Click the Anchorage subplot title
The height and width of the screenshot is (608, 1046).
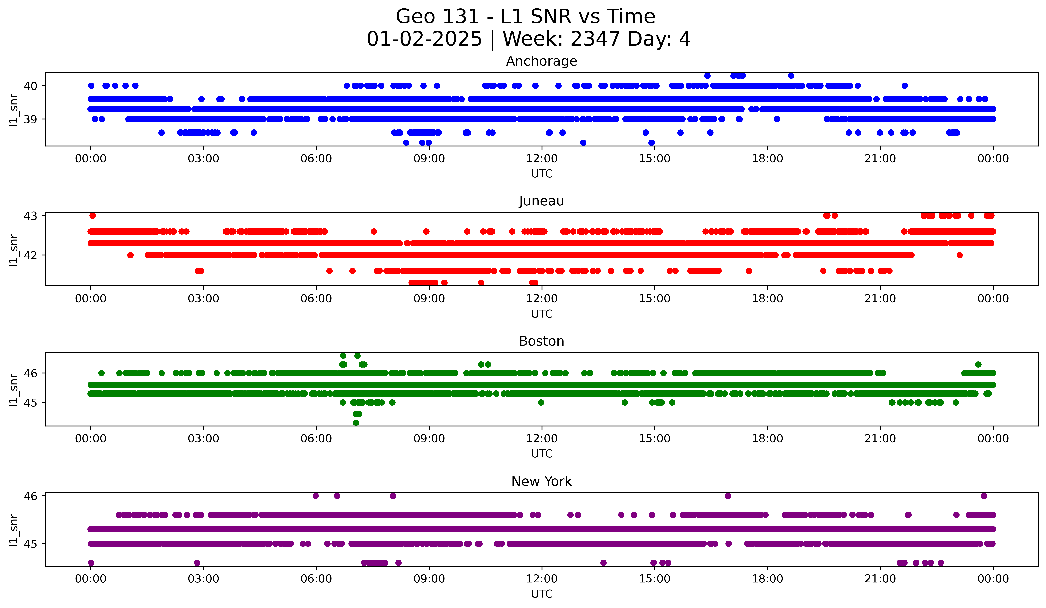tap(541, 61)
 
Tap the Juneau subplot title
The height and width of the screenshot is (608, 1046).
tap(541, 201)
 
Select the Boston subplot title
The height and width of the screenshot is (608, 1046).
tap(541, 341)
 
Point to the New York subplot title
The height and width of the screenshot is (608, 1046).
tap(541, 481)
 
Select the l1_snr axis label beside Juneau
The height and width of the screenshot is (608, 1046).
tap(14, 249)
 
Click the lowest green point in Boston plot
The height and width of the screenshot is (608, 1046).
tap(356, 423)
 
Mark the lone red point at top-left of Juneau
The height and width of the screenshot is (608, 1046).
tap(92, 216)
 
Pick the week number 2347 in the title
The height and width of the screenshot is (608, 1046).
tap(595, 39)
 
